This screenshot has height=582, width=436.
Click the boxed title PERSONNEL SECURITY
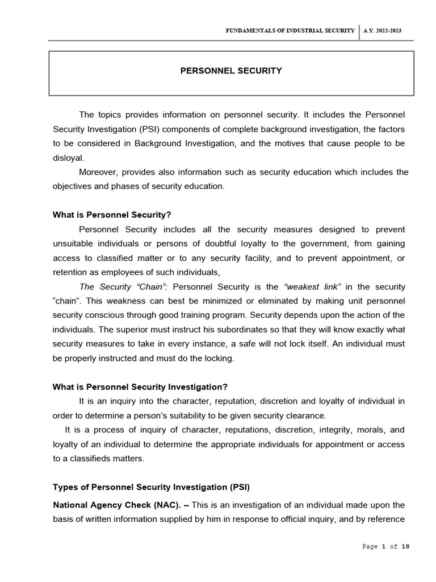point(230,71)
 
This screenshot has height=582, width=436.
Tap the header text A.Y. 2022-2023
point(383,31)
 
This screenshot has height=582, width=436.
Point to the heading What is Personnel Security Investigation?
point(140,386)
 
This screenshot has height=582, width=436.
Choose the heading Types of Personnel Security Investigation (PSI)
point(151,487)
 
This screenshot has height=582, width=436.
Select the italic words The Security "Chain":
point(120,286)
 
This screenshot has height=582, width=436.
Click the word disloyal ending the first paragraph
point(68,158)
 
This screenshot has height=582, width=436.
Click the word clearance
point(307,415)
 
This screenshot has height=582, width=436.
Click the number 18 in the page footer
point(405,547)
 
